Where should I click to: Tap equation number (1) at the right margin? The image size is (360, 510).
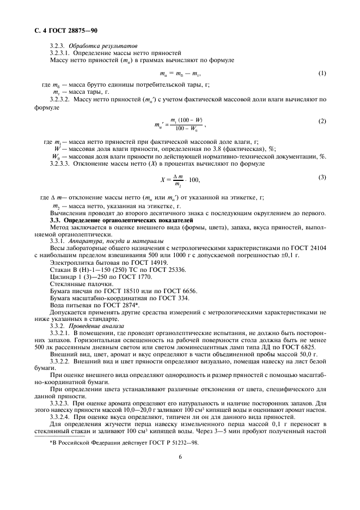pyautogui.click(x=322, y=72)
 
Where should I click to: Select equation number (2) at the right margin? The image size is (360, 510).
pyautogui.click(x=322, y=121)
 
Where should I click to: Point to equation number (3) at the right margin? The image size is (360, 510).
pyautogui.click(x=322, y=177)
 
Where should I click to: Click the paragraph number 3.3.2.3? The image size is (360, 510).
pyautogui.click(x=60, y=402)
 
